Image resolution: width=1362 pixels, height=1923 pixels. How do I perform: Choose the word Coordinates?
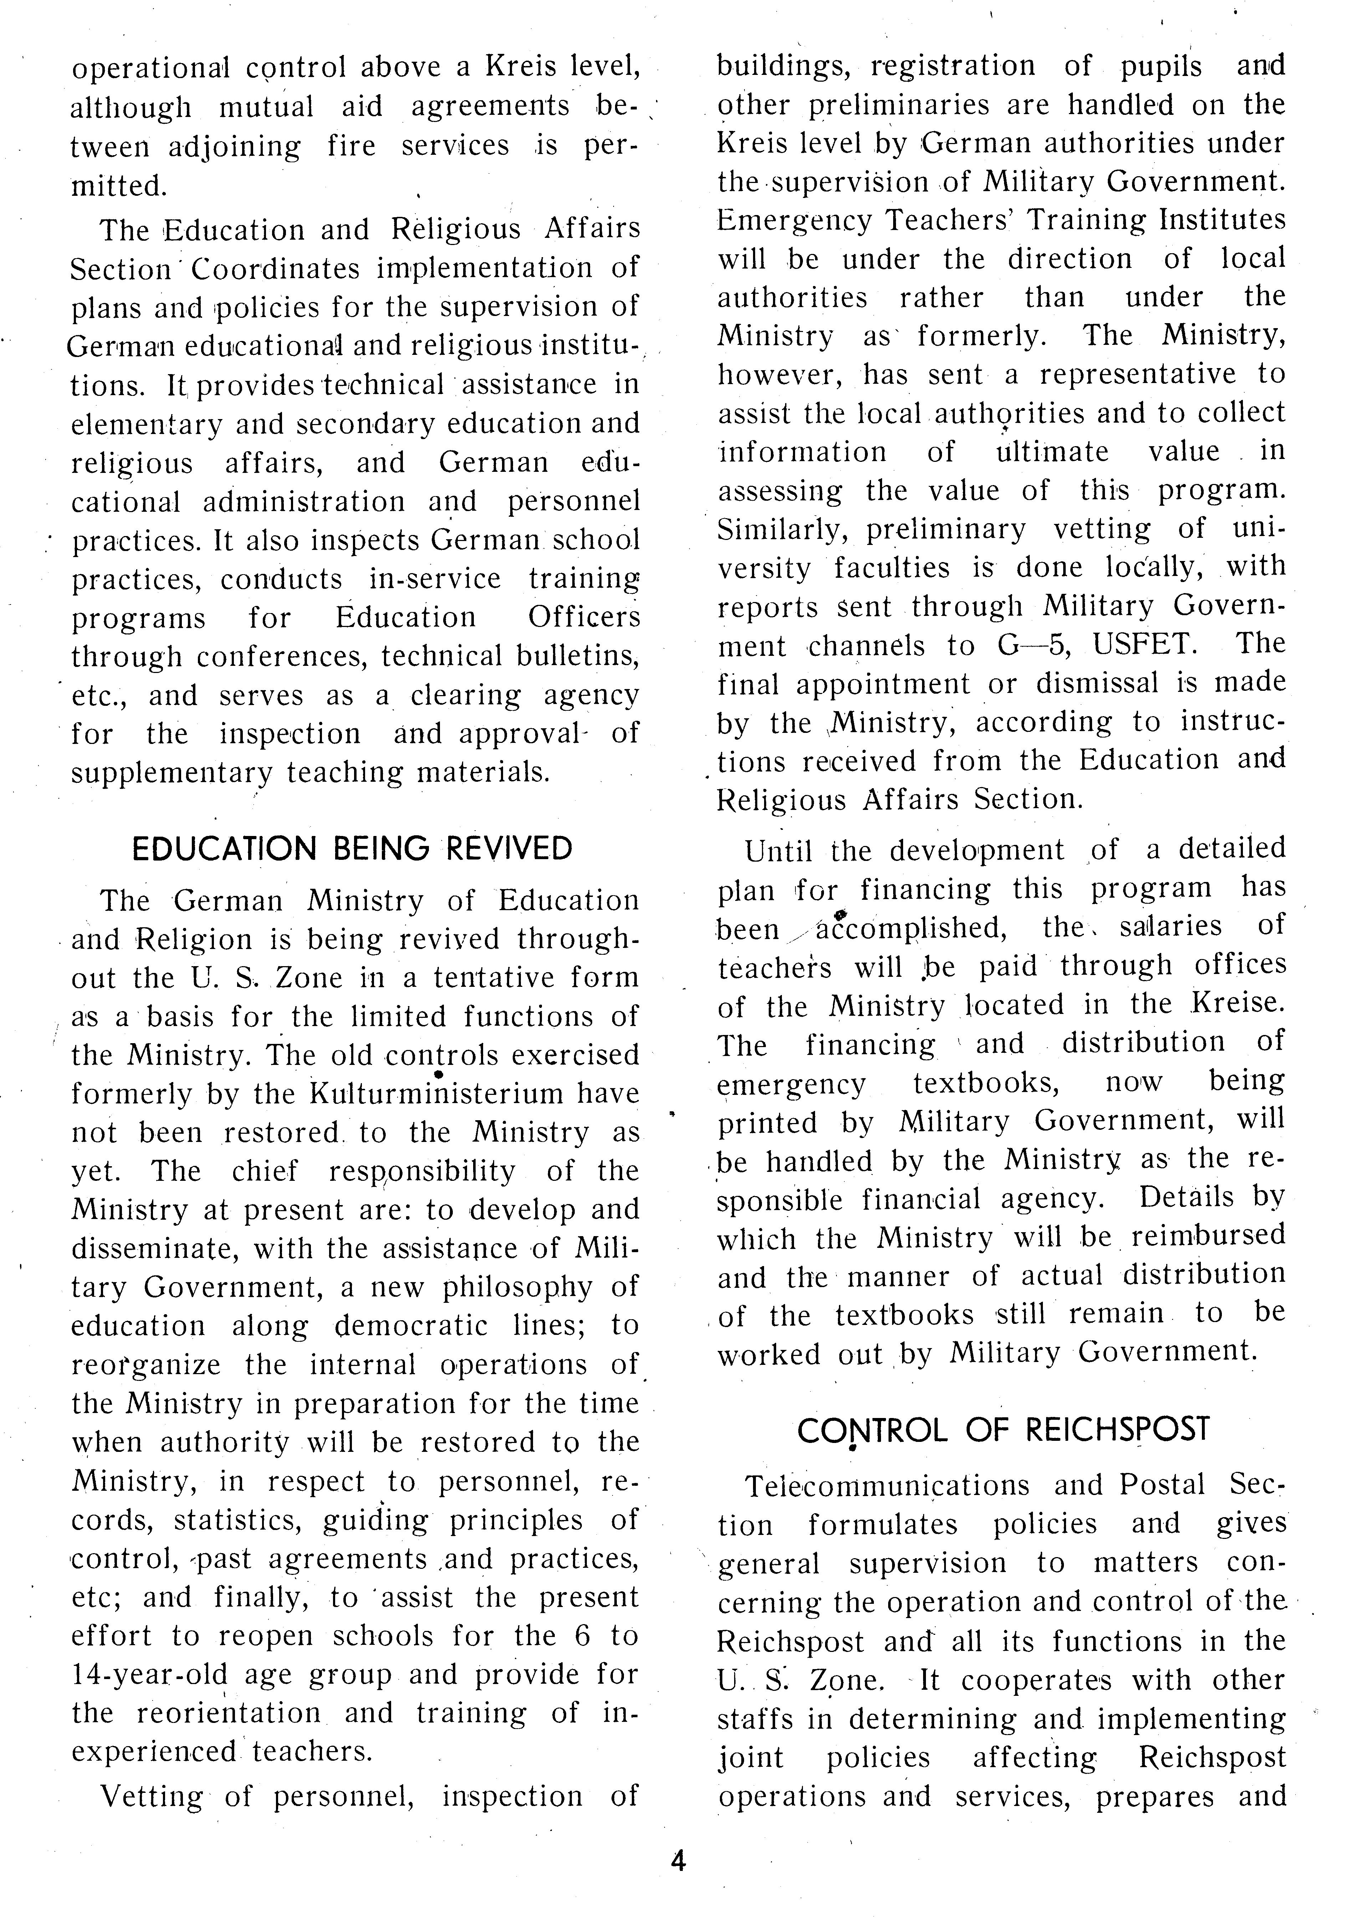pos(276,269)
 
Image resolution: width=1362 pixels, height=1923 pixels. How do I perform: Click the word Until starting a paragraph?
pos(779,851)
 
